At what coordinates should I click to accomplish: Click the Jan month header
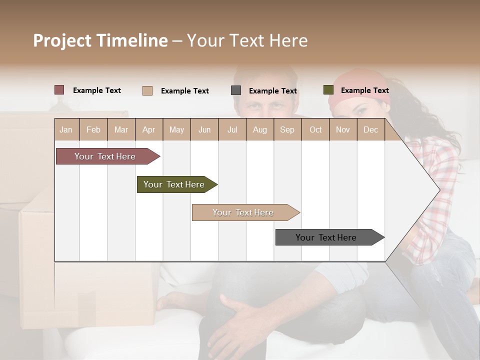66,129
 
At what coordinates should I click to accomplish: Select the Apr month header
148,129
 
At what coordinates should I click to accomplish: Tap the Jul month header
232,129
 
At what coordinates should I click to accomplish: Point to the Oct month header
315,129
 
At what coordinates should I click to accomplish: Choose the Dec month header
370,129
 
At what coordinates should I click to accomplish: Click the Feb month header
93,129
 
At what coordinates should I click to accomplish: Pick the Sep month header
287,129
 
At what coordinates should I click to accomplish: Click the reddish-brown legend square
59,90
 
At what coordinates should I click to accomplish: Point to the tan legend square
147,90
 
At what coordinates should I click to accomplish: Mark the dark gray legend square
236,90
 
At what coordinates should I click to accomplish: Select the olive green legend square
328,90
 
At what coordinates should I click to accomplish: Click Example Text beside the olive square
364,90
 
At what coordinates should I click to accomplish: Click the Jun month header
204,129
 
